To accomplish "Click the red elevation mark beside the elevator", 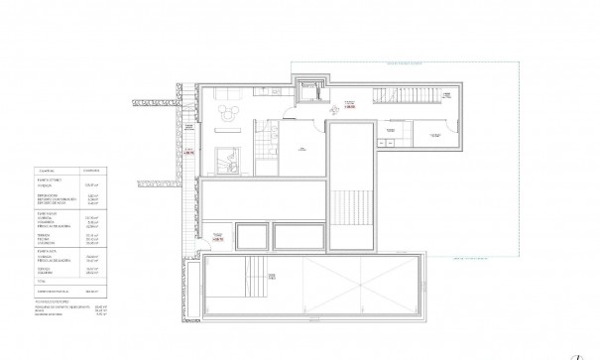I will pos(349,103).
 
